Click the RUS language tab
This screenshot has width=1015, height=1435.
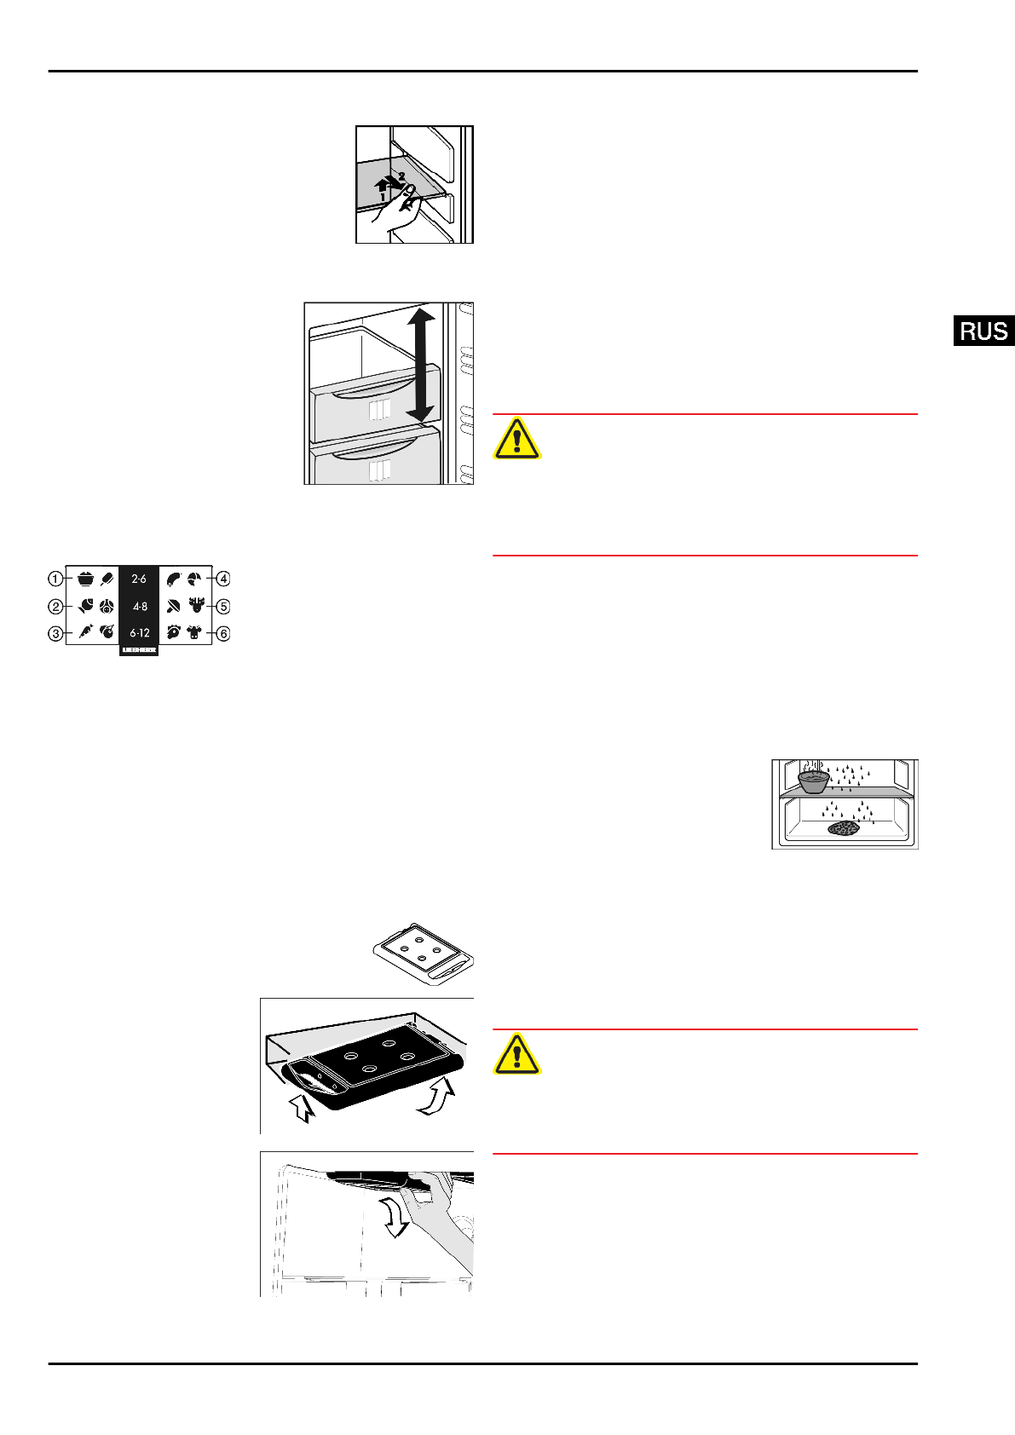pos(983,331)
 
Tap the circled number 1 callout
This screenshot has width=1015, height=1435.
pos(55,579)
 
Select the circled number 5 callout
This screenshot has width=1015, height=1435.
pos(222,607)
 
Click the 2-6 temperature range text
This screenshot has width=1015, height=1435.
pos(139,579)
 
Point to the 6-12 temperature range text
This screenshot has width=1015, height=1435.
pos(139,633)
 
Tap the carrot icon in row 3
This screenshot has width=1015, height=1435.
pos(86,631)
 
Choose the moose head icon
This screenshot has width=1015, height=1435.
pos(197,605)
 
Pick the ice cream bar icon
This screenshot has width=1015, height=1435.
pos(107,579)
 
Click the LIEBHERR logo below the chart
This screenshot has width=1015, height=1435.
pos(139,650)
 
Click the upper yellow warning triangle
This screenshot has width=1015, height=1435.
pos(516,439)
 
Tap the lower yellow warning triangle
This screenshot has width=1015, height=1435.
pos(516,1054)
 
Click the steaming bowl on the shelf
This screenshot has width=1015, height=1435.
pos(813,777)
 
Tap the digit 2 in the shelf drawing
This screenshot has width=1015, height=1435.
pos(401,176)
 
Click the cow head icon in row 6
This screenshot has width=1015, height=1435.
pos(195,632)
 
